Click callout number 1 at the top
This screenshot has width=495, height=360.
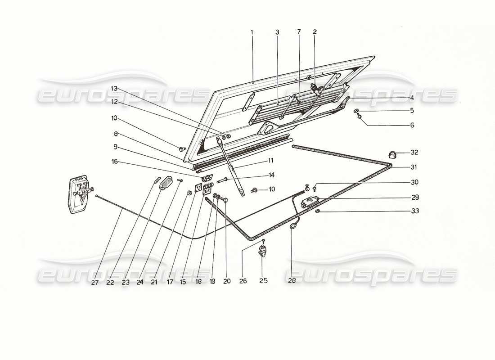point(252,32)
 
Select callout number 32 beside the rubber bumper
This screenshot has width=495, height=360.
point(414,152)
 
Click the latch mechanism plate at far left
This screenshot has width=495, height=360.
point(79,195)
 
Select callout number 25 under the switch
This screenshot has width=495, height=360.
point(263,281)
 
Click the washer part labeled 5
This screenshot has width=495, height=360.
point(356,111)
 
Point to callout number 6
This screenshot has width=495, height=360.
point(412,125)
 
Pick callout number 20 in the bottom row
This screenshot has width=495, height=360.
point(227,281)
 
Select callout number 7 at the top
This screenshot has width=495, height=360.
point(299,32)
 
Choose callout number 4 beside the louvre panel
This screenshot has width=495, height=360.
point(412,97)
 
